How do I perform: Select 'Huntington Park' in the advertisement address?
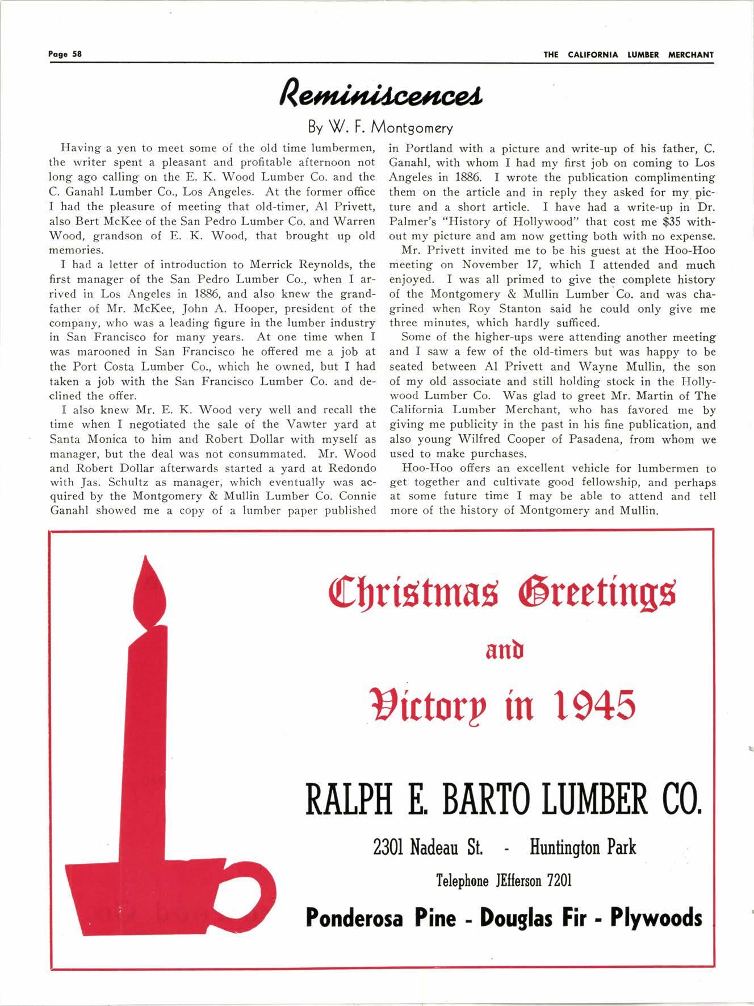point(583,849)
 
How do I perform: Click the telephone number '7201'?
point(559,880)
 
